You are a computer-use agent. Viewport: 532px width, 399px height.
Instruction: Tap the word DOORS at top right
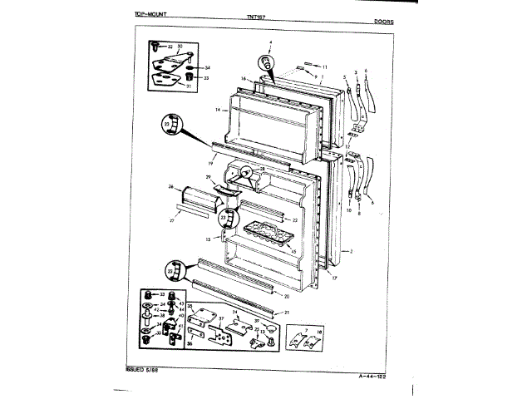(x=384, y=21)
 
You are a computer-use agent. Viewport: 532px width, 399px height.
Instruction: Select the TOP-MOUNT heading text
(x=153, y=16)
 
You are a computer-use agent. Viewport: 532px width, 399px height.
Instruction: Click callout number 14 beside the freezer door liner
(x=216, y=110)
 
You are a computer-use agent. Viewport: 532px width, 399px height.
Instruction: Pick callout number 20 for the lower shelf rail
(x=287, y=296)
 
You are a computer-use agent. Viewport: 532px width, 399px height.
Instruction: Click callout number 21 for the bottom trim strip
(x=287, y=312)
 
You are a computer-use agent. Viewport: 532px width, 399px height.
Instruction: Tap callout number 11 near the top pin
(x=325, y=66)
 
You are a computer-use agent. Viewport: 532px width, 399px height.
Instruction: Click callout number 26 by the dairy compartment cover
(x=171, y=186)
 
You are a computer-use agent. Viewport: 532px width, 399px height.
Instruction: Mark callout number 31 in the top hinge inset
(x=188, y=86)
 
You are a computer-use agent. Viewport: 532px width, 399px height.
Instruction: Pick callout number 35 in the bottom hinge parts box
(x=190, y=307)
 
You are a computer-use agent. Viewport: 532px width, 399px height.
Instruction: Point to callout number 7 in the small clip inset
(x=305, y=331)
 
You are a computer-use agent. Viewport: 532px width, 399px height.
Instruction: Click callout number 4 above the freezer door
(x=270, y=42)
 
